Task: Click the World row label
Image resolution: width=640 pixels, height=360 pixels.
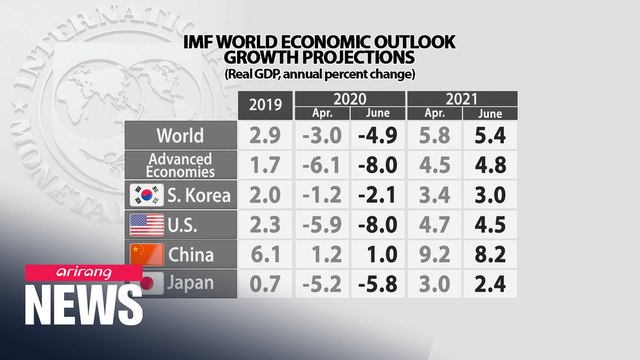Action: (181, 135)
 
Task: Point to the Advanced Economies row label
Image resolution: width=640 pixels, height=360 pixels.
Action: (181, 164)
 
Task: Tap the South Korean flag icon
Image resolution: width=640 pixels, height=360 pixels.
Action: (147, 194)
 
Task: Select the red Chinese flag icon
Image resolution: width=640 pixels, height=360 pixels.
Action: (147, 253)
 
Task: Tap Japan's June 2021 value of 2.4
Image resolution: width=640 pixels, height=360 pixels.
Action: (490, 283)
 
